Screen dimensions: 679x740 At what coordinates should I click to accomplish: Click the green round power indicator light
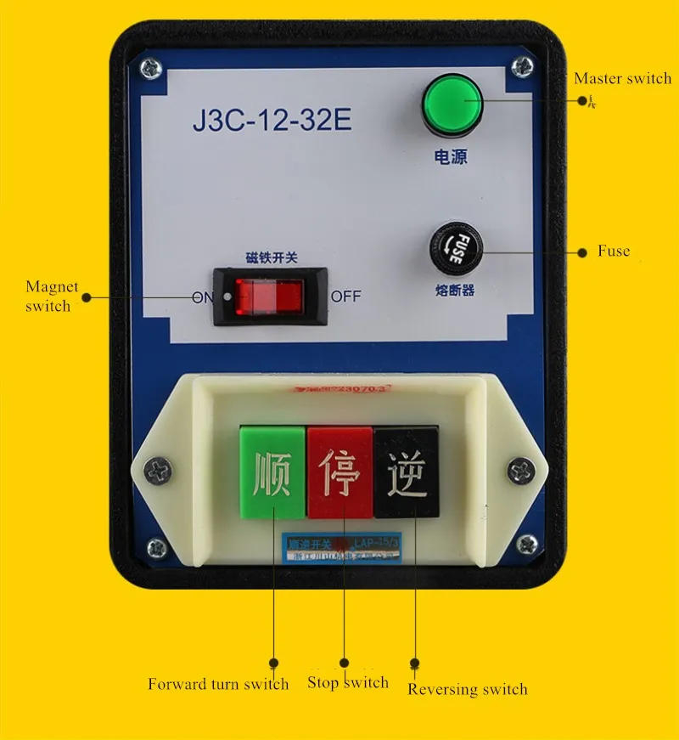coord(451,105)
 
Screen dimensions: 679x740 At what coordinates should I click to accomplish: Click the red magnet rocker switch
coord(269,297)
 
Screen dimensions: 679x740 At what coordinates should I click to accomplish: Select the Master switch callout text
coord(622,78)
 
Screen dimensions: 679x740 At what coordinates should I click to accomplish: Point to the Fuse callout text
coord(614,251)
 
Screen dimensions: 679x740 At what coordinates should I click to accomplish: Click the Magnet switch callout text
coord(51,297)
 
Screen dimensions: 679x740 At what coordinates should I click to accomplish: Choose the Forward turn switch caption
coord(218,684)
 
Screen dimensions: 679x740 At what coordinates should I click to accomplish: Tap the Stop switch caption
coord(348,682)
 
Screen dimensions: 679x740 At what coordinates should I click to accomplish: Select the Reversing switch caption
coord(468,689)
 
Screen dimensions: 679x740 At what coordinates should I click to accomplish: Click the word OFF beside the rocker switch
coord(345,297)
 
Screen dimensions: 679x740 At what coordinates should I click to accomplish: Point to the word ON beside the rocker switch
coord(203,297)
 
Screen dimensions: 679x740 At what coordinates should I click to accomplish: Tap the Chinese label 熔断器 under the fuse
coord(456,291)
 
